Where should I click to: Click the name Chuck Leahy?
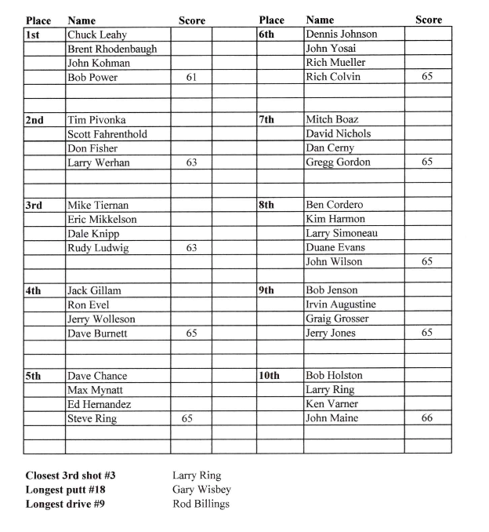point(97,35)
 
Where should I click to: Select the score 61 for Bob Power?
point(190,77)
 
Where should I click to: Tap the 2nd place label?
point(34,120)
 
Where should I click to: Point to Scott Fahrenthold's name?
point(107,134)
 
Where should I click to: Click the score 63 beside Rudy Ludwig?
point(190,248)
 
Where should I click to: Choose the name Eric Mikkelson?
point(102,220)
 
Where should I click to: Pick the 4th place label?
point(34,290)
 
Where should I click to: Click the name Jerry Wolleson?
point(101,319)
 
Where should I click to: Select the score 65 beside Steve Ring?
point(187,419)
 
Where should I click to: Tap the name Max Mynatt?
point(96,390)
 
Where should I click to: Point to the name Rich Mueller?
point(335,63)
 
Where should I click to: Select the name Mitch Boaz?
point(332,120)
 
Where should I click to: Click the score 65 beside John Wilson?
point(427,262)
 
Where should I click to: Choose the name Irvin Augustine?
point(341,304)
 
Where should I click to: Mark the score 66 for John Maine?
point(427,419)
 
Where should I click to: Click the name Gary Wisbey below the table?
point(201,490)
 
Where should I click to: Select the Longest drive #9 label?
point(65,504)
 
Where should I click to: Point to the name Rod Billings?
point(201,504)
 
